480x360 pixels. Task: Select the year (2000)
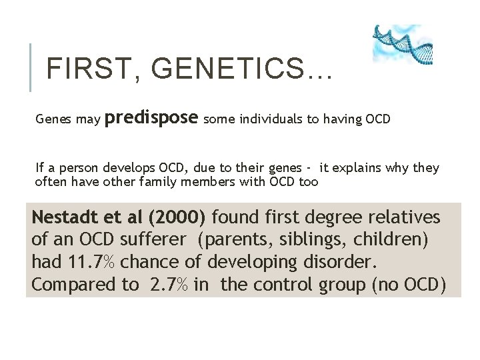pyautogui.click(x=177, y=218)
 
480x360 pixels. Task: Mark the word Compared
pyautogui.click(x=73, y=285)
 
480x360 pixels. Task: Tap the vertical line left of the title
pyautogui.click(x=32, y=67)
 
